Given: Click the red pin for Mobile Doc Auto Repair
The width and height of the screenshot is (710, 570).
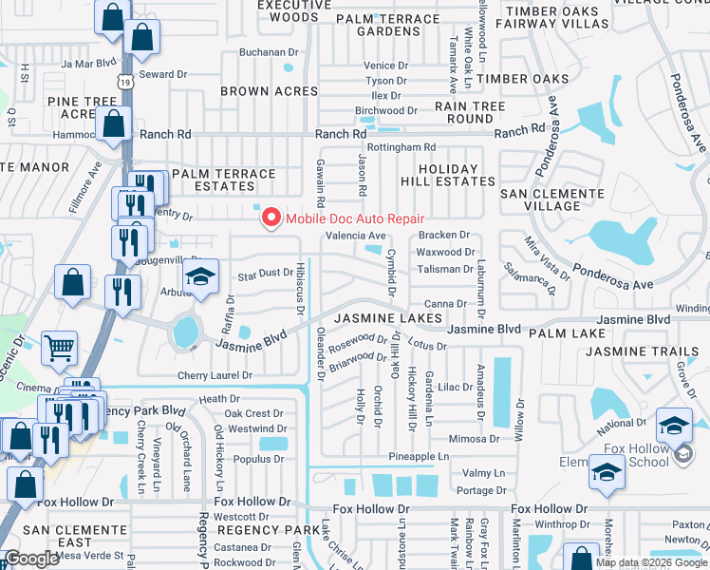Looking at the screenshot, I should (271, 218).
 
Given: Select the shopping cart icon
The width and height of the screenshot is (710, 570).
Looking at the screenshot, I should (59, 349).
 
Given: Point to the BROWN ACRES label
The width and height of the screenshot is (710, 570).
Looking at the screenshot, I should (269, 91).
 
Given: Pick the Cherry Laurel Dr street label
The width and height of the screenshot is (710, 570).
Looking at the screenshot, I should (215, 376).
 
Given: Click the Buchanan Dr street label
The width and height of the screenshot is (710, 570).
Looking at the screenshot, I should (269, 52).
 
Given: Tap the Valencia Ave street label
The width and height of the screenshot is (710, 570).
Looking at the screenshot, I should (356, 236).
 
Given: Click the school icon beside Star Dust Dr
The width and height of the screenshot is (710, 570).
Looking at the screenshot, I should (200, 276).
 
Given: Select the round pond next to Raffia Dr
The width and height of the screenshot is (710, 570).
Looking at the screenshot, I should (186, 332).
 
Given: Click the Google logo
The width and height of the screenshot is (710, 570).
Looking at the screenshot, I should (30, 559).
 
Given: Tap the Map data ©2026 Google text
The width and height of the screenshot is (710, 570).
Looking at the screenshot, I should (651, 562).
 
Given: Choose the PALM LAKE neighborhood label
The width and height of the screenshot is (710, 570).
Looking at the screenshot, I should (567, 333).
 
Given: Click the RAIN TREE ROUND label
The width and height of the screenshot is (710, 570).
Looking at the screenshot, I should (463, 113).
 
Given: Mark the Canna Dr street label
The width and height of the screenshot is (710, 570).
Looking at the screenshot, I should (444, 304).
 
